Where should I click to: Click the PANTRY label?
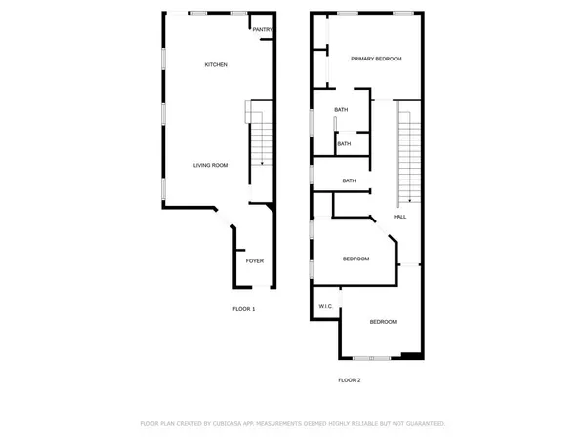[262, 30]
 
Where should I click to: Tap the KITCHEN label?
[216, 65]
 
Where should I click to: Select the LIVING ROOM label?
[210, 165]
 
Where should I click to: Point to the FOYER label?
[254, 261]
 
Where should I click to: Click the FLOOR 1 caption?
[243, 309]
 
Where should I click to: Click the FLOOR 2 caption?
[350, 379]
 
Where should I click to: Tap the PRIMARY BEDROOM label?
[377, 59]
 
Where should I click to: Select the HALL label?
[399, 217]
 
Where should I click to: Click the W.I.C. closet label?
[326, 307]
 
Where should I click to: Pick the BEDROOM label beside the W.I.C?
[383, 322]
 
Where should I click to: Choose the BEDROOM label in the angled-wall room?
[356, 259]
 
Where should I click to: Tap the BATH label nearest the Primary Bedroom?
[341, 110]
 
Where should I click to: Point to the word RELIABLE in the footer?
[372, 424]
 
